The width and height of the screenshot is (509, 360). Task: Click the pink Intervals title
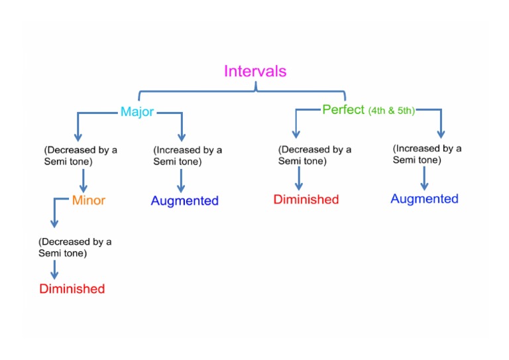pyautogui.click(x=255, y=71)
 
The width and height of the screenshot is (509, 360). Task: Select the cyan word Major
pyautogui.click(x=137, y=112)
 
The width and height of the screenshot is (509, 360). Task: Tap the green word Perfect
pyautogui.click(x=343, y=109)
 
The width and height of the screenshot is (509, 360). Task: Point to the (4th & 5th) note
pyautogui.click(x=391, y=111)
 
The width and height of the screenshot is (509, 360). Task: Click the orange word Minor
pyautogui.click(x=88, y=200)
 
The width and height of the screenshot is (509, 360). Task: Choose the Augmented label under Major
pyautogui.click(x=184, y=200)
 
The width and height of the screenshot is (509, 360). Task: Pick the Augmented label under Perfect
pyautogui.click(x=424, y=199)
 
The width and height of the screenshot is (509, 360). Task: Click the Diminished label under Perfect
pyautogui.click(x=306, y=200)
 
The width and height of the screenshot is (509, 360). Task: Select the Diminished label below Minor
pyautogui.click(x=72, y=288)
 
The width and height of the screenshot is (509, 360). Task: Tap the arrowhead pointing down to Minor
pyautogui.click(x=84, y=188)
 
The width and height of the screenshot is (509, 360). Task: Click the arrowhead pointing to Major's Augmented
pyautogui.click(x=181, y=188)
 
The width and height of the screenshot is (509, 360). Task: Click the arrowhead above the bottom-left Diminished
pyautogui.click(x=54, y=274)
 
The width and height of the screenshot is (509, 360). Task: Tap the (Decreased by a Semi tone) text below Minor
pyautogui.click(x=75, y=247)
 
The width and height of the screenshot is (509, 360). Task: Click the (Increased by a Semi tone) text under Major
pyautogui.click(x=188, y=156)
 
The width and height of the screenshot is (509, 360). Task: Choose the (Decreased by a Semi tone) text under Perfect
pyautogui.click(x=315, y=155)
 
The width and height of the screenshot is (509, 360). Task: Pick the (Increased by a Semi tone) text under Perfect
pyautogui.click(x=427, y=154)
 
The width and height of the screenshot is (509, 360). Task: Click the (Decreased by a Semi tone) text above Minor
pyautogui.click(x=80, y=156)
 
